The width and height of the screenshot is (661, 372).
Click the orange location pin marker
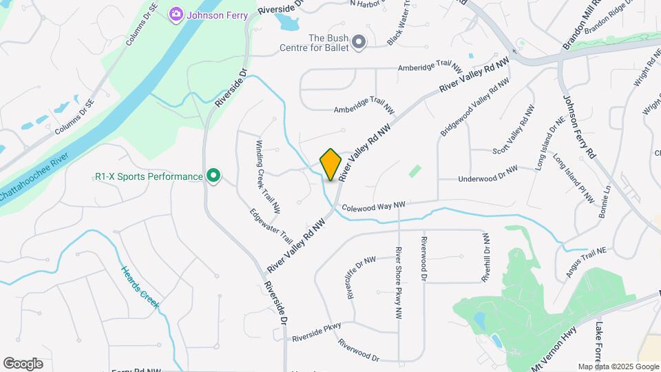pyautogui.click(x=331, y=165)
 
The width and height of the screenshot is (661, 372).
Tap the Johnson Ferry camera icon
pyautogui.click(x=176, y=14)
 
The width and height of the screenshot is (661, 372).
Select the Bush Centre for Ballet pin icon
pyautogui.click(x=358, y=43)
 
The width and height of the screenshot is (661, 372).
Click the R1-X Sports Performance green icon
pyautogui.click(x=213, y=177)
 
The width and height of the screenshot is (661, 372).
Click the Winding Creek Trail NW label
pyautogui.click(x=268, y=176)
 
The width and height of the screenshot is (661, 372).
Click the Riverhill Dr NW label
pyautogui.click(x=486, y=257)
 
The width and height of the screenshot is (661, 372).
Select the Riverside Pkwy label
pyautogui.click(x=317, y=334)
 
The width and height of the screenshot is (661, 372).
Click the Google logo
pyautogui.click(x=23, y=363)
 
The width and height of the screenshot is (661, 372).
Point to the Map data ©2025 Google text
pyautogui.click(x=618, y=366)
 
